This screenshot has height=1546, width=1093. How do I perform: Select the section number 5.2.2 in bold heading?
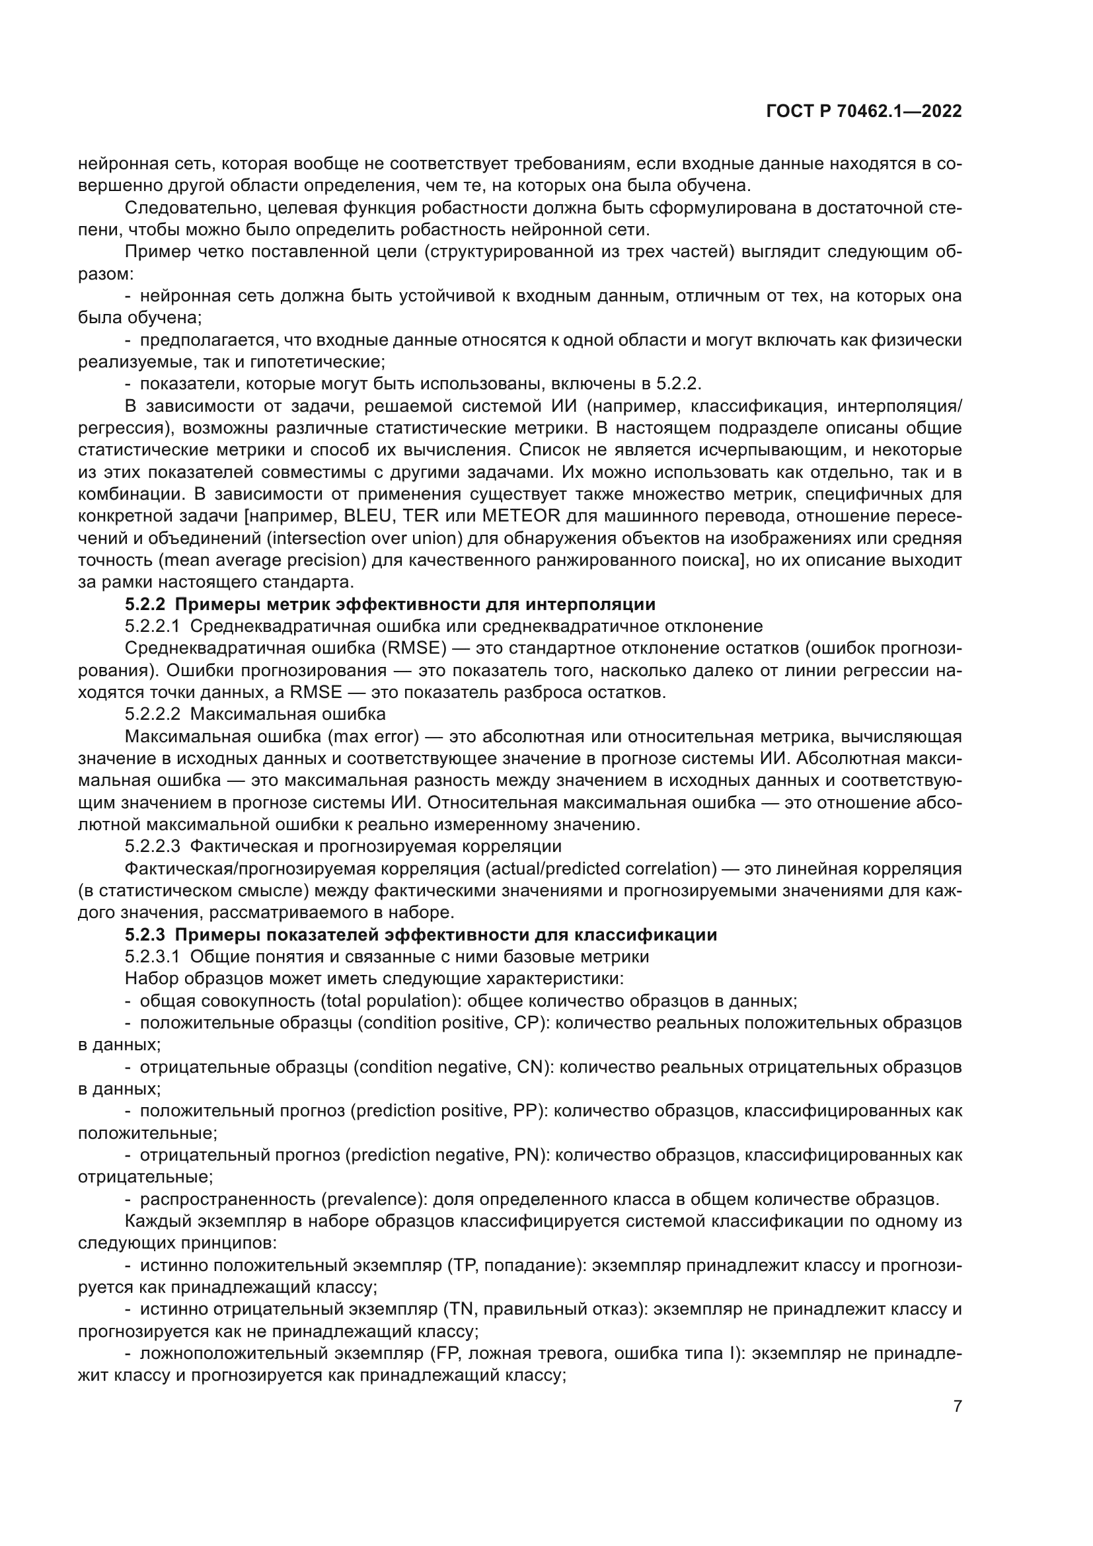pos(145,604)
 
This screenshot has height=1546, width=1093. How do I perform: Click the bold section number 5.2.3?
pos(145,935)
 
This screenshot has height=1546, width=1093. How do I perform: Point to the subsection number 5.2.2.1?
pos(152,626)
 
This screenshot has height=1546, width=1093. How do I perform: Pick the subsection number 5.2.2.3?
pos(152,846)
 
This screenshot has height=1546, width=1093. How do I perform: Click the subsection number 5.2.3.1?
pos(152,956)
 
